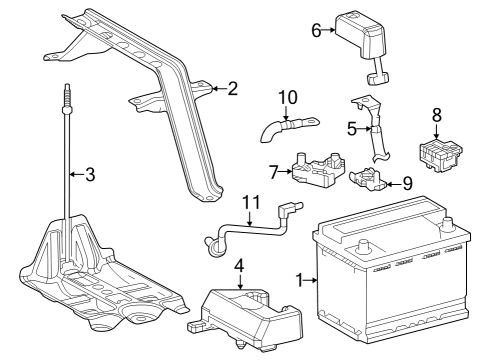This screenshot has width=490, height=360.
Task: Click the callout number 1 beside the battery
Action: [299, 280]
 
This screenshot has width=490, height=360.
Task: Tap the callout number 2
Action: [233, 89]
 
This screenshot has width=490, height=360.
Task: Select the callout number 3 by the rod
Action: [90, 174]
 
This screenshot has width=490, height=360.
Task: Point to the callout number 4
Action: [239, 265]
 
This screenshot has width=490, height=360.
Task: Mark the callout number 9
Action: [407, 183]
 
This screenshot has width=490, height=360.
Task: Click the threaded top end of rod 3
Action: [67, 95]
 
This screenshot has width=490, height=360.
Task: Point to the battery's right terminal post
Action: [447, 225]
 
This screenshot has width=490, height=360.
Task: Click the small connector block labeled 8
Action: [440, 155]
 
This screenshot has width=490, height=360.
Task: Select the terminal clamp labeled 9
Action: [368, 179]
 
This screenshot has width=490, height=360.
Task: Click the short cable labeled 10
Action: [289, 128]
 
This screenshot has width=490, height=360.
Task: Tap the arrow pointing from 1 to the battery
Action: [311, 280]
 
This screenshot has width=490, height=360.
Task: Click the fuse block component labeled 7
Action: [318, 169]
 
